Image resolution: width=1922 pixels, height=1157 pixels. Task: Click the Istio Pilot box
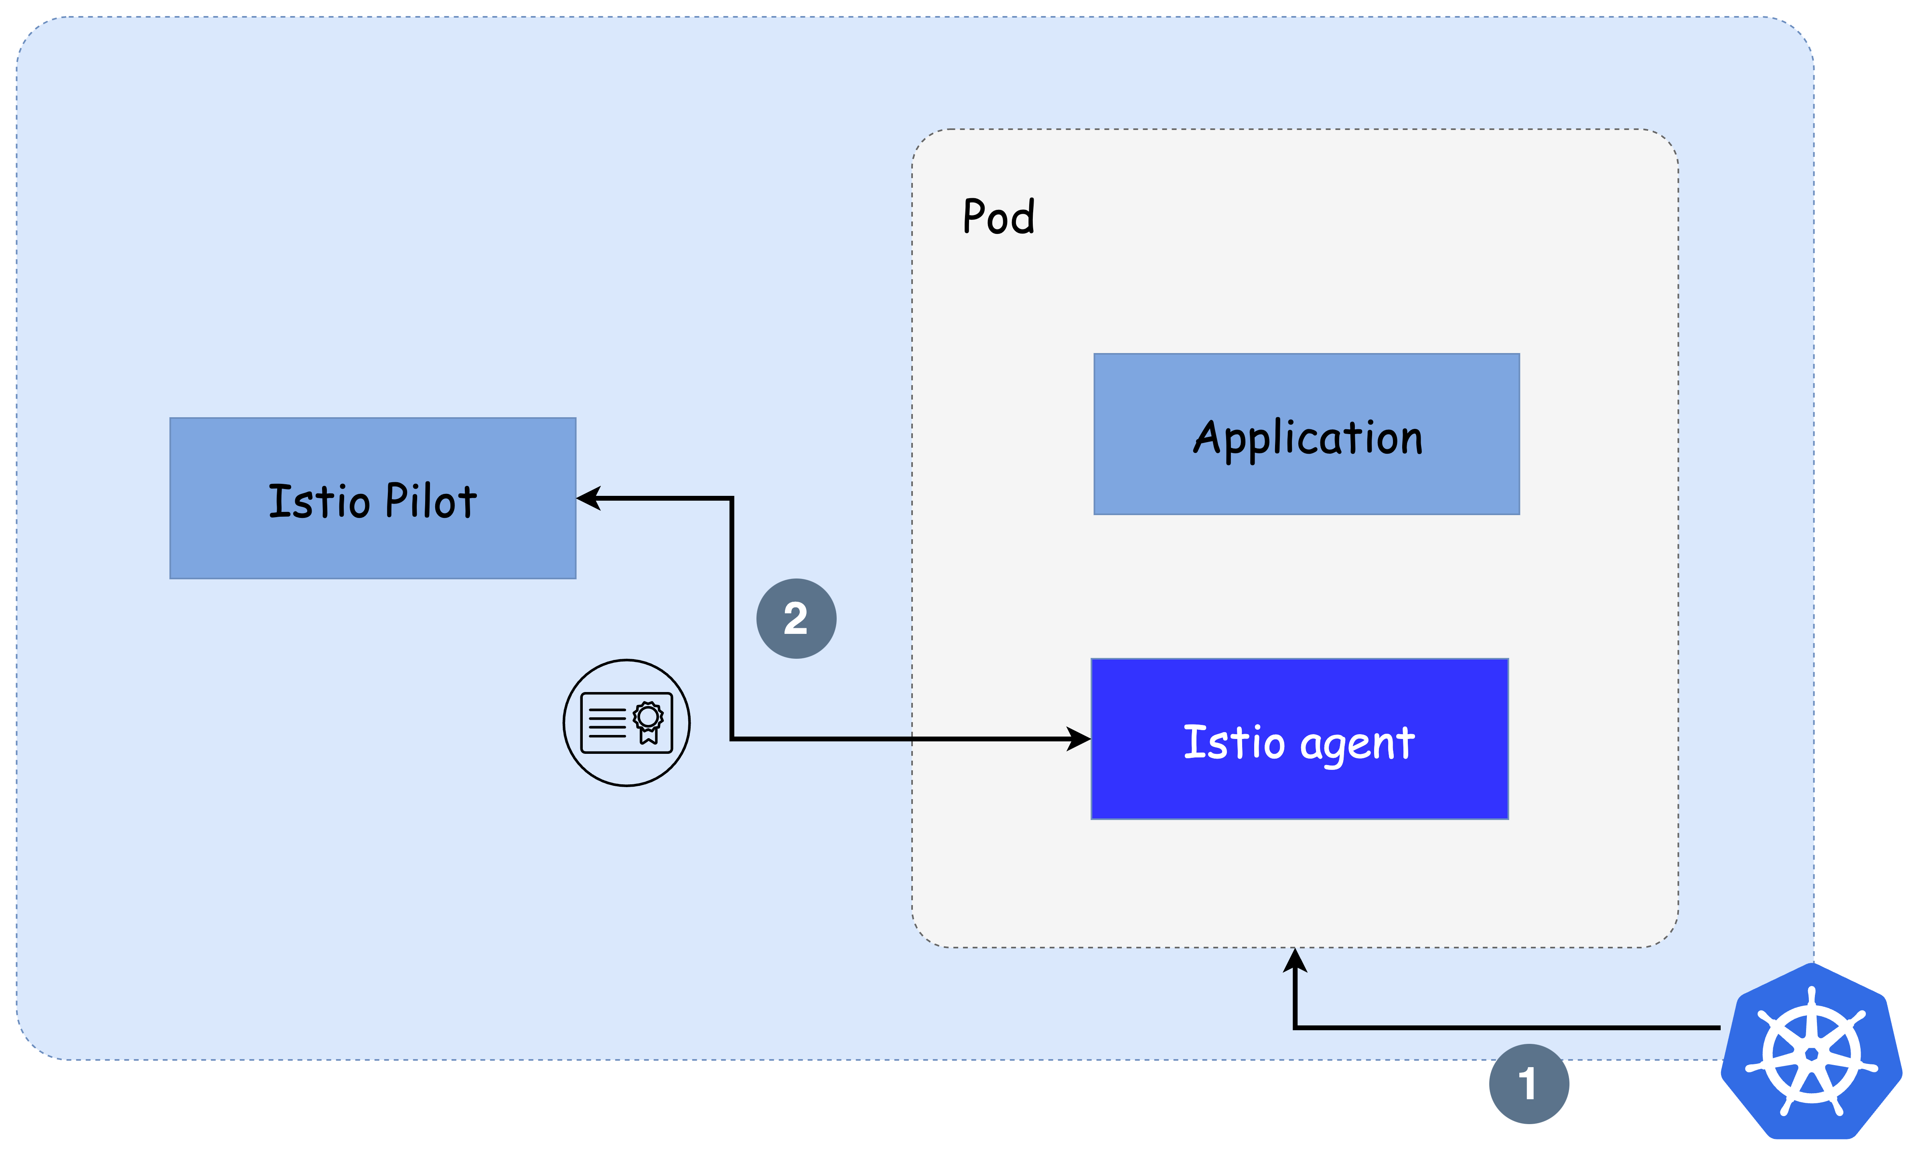373,498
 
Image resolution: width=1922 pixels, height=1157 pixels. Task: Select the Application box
1306,434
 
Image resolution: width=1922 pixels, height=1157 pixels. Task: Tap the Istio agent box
1299,739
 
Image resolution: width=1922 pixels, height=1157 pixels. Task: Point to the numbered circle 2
796,618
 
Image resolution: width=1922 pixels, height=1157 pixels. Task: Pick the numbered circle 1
1529,1084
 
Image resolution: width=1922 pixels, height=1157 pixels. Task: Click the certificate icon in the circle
626,723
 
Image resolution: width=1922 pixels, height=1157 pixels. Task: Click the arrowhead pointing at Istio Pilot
588,498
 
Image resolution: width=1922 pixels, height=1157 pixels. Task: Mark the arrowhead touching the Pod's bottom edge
1295,960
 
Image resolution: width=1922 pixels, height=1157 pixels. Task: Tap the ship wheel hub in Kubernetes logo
1811,1054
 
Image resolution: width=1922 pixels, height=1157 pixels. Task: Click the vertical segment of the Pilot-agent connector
731,618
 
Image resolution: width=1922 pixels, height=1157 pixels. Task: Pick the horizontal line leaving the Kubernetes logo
1507,1027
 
